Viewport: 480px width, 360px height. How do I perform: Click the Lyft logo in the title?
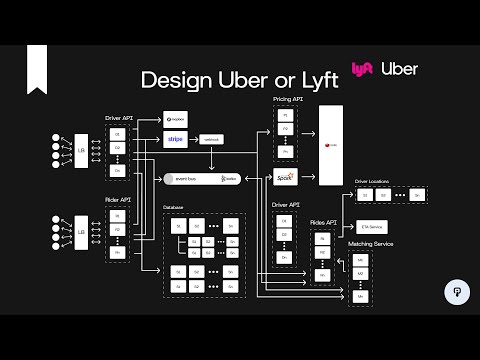click(x=362, y=70)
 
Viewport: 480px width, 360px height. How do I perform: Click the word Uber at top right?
click(x=400, y=69)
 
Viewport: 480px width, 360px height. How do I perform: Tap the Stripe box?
click(x=176, y=139)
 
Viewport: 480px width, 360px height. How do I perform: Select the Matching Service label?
click(x=369, y=245)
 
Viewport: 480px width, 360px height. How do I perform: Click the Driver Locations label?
click(x=374, y=181)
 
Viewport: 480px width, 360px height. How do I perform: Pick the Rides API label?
click(x=322, y=222)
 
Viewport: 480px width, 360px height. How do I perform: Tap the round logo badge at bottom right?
click(x=455, y=292)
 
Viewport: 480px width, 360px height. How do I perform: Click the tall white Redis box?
click(x=329, y=145)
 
